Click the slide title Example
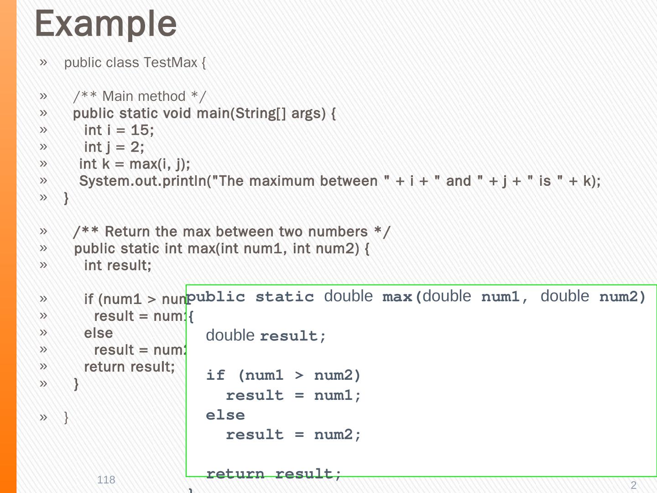point(105,24)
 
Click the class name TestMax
point(170,63)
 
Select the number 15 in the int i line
point(140,131)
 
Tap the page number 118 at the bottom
point(106,480)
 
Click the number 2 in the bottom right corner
point(633,485)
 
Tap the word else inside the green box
point(225,415)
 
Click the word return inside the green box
point(235,473)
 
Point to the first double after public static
point(348,296)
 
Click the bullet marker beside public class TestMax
point(43,62)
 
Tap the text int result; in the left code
point(118,266)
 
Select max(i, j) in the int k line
point(160,164)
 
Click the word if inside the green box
point(215,375)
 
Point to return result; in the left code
point(130,367)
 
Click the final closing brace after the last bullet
point(66,417)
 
